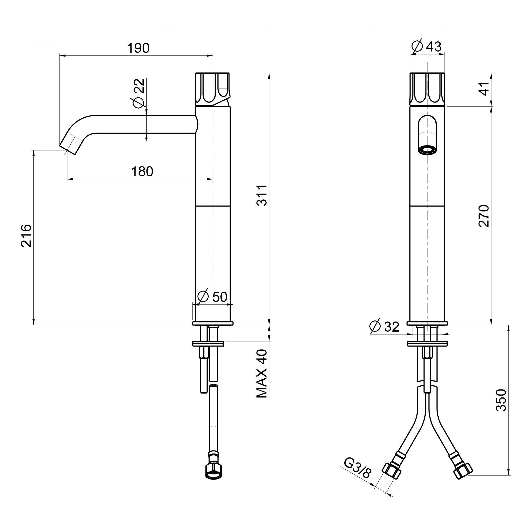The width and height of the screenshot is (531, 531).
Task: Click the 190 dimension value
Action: point(138,48)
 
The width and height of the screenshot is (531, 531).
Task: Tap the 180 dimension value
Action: point(142,172)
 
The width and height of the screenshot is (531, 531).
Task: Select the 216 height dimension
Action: point(26,235)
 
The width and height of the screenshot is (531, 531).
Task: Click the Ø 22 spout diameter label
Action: point(139,93)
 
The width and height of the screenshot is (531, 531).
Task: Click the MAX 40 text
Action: point(262,374)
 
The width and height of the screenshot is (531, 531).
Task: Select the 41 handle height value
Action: point(484,89)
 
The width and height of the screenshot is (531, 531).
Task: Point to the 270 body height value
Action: point(484,216)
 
